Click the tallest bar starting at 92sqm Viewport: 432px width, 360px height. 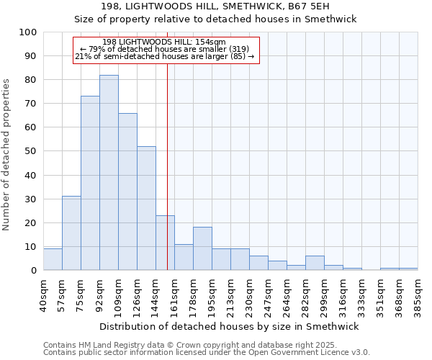pyautogui.click(x=109, y=173)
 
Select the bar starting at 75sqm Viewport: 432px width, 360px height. pyautogui.click(x=90, y=184)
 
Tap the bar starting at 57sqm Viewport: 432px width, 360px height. pyautogui.click(x=71, y=233)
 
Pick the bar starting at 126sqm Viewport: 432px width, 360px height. pyautogui.click(x=146, y=209)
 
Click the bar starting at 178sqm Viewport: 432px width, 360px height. pyautogui.click(x=202, y=249)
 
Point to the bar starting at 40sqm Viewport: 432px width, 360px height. pyautogui.click(x=53, y=259)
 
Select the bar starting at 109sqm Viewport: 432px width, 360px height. pyautogui.click(x=127, y=192)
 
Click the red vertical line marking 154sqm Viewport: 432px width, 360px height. pyautogui.click(x=167, y=180)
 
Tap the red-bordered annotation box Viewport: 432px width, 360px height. pyautogui.click(x=166, y=50)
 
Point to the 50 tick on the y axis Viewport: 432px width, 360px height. pyautogui.click(x=32, y=151)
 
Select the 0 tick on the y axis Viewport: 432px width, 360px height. pyautogui.click(x=34, y=271)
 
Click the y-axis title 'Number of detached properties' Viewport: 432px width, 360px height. pyautogui.click(x=7, y=155)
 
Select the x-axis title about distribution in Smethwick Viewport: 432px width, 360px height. pyautogui.click(x=230, y=326)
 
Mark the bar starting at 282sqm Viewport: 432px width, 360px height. pyautogui.click(x=315, y=264)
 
